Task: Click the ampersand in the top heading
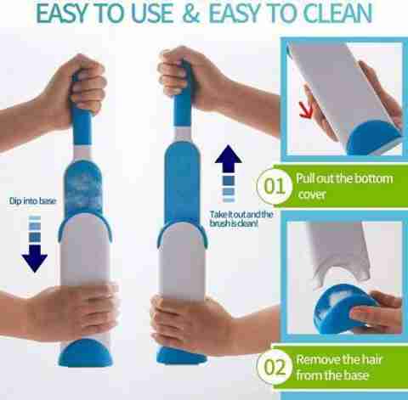pos(191,14)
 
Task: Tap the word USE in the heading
pos(152,14)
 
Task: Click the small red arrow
pos(306,110)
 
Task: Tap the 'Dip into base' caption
pos(33,201)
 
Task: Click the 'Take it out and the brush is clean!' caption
pos(241,219)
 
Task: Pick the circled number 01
pos(275,186)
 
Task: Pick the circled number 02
pos(275,367)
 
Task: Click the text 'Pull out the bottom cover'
pos(344,186)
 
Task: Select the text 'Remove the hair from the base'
pos(339,367)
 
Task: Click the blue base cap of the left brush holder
pos(85,352)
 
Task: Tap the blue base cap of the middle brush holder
pos(181,356)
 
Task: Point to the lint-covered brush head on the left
pos(83,189)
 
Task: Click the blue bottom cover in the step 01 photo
pos(375,139)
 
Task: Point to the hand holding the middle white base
pos(190,323)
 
